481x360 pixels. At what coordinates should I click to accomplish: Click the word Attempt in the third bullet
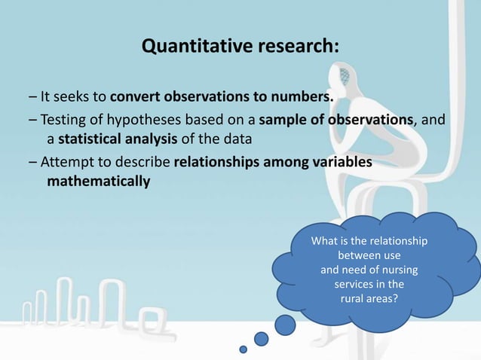[x=66, y=162]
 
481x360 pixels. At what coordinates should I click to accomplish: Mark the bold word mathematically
[x=98, y=182]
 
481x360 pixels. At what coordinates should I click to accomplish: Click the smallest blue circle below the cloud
[x=243, y=349]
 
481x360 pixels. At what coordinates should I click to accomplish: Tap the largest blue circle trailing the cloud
[x=285, y=325]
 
